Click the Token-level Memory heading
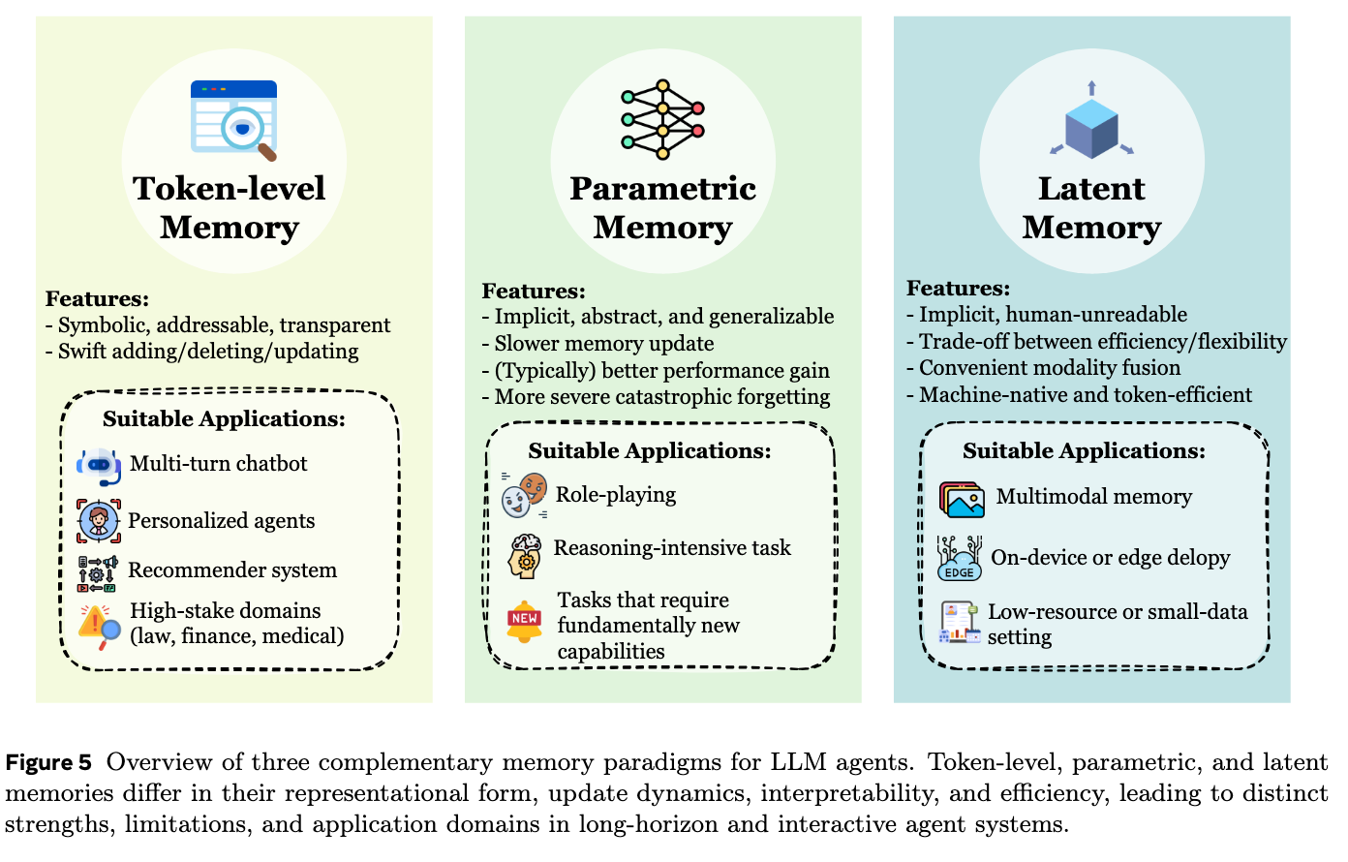tap(230, 207)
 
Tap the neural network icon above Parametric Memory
tap(662, 119)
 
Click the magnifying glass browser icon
tap(234, 119)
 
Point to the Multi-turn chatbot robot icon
tap(99, 466)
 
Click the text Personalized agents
tap(221, 521)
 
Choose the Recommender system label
tap(232, 570)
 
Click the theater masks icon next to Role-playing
tap(524, 496)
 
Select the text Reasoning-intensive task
tap(672, 548)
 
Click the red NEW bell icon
tap(524, 621)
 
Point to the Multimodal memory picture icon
tap(962, 499)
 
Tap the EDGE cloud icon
tap(959, 560)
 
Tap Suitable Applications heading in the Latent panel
tap(1084, 451)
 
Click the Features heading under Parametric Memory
tap(534, 292)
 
